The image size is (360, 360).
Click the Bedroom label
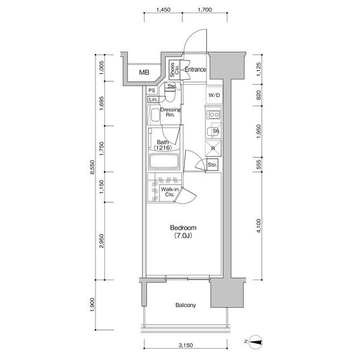click(x=183, y=228)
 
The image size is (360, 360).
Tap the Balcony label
click(x=185, y=305)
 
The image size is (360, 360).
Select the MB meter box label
click(x=144, y=73)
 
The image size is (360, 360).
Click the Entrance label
click(x=196, y=70)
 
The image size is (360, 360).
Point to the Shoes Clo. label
click(x=174, y=70)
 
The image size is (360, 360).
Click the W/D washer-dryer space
click(x=214, y=95)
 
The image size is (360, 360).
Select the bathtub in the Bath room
click(x=164, y=161)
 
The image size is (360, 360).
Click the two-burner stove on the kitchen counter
click(x=214, y=115)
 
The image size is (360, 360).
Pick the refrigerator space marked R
click(x=213, y=148)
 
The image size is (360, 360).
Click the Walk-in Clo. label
click(x=170, y=192)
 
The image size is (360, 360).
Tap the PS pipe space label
click(x=152, y=91)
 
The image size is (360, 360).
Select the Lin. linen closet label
click(x=153, y=100)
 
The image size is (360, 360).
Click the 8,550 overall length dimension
click(x=92, y=167)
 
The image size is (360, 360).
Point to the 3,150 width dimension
click(x=186, y=345)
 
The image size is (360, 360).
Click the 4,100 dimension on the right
click(x=259, y=226)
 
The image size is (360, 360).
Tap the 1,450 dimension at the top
click(x=163, y=10)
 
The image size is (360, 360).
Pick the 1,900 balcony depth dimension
click(x=92, y=305)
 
